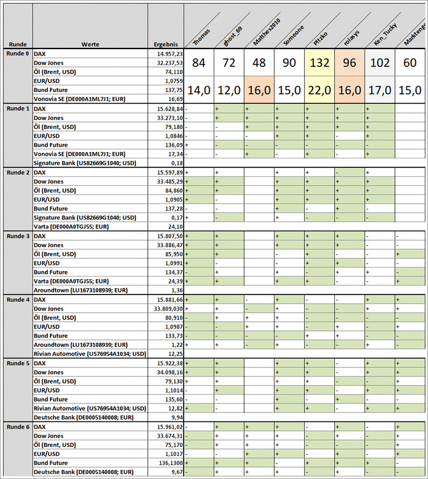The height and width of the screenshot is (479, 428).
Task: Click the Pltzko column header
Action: (320, 31)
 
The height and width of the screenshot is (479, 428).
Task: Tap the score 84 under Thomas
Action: (198, 63)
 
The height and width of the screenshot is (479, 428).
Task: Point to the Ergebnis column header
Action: (165, 44)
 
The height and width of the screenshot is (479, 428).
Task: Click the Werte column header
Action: (89, 44)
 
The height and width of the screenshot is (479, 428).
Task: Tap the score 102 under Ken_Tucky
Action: (380, 63)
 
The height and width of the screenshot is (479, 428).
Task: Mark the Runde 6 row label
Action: (17, 427)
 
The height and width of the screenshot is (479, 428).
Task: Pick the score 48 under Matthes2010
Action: (259, 63)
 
